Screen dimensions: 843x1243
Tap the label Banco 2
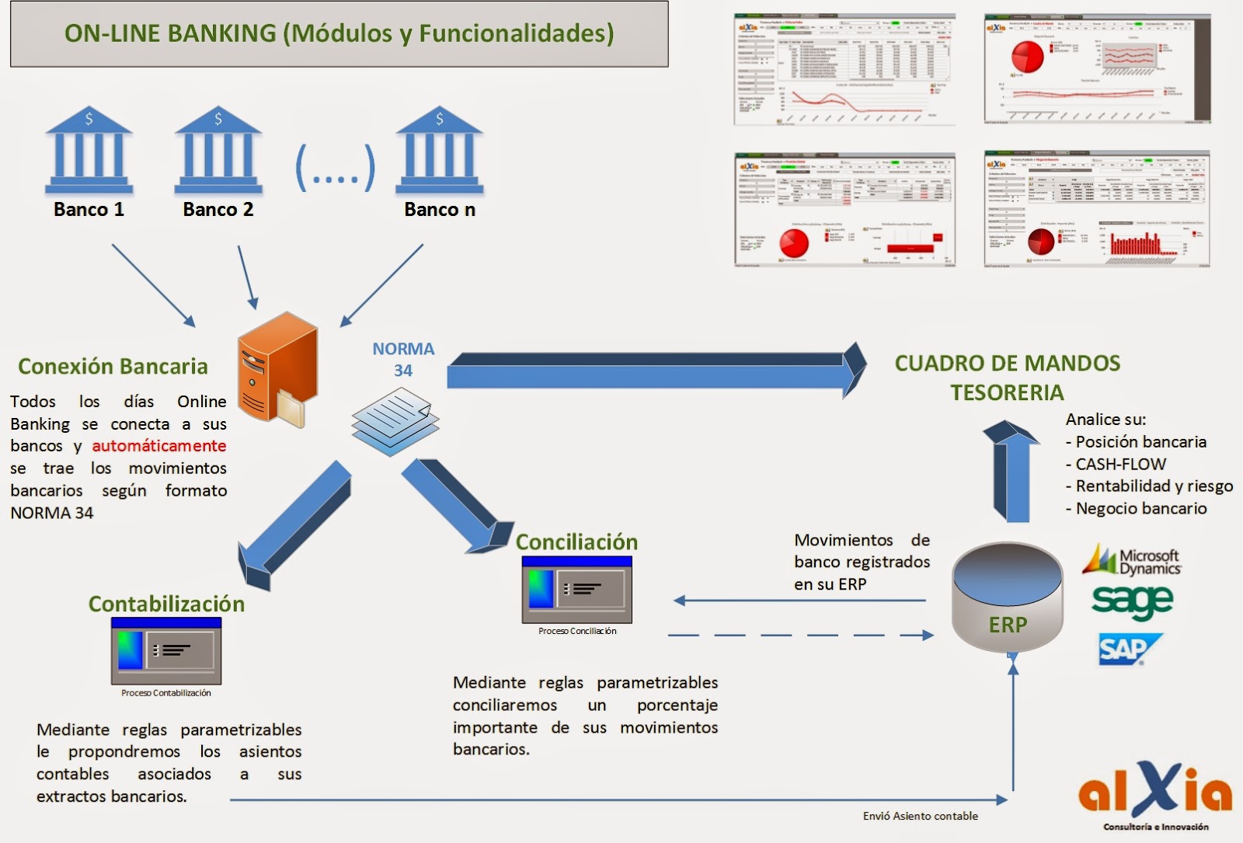click(x=218, y=210)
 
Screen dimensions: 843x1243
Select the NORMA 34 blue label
click(x=402, y=360)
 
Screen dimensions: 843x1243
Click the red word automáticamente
click(x=159, y=446)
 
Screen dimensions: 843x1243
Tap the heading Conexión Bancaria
click(x=113, y=367)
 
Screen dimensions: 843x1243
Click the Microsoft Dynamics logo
click(x=1132, y=560)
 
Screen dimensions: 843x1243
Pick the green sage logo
click(x=1132, y=601)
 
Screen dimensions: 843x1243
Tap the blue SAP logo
click(x=1129, y=650)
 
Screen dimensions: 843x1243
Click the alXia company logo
click(x=1155, y=792)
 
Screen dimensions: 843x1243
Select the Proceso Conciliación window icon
click(x=576, y=590)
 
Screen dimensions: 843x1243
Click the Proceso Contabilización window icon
click(x=166, y=651)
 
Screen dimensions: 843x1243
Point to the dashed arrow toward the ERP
click(x=800, y=636)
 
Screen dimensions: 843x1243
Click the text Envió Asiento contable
click(x=920, y=816)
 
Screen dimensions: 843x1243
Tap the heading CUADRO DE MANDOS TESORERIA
click(x=1007, y=378)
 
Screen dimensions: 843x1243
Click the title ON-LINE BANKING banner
click(x=339, y=33)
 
